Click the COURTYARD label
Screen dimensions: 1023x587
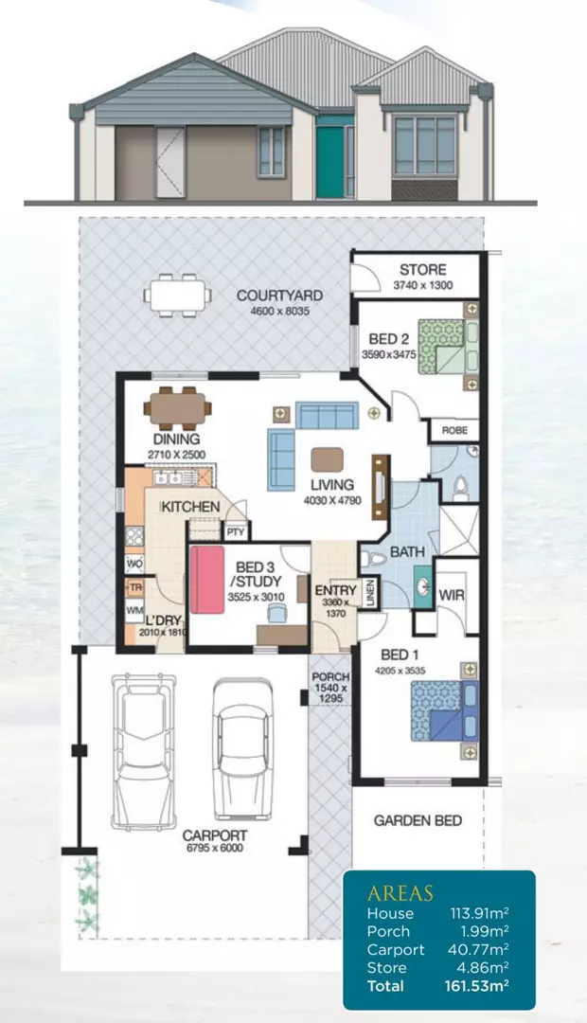[x=279, y=296]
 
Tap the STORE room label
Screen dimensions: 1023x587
[x=422, y=270]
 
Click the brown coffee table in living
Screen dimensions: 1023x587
[x=328, y=458]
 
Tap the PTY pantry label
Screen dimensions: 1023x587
[x=237, y=534]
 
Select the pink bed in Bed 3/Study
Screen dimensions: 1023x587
[x=205, y=578]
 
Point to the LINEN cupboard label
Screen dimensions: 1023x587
[x=369, y=593]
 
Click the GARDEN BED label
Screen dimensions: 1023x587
[x=417, y=820]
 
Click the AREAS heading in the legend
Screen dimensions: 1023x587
[x=400, y=893]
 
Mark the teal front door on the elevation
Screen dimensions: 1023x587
[x=329, y=149]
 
